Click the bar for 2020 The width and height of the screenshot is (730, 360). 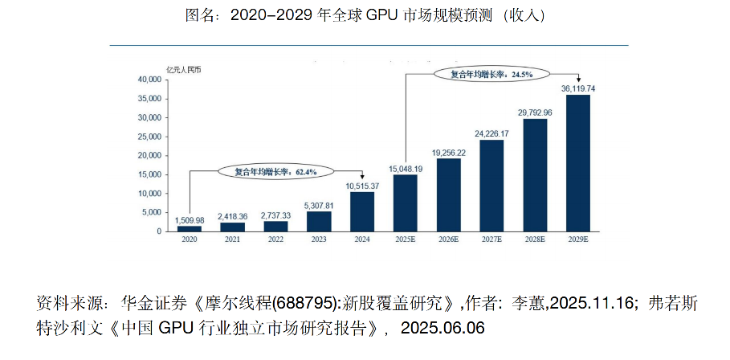point(190,228)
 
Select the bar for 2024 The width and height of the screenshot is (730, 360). point(362,211)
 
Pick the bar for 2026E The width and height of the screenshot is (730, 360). point(448,194)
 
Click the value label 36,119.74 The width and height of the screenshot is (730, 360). point(578,88)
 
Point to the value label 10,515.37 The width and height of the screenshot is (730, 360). point(363,186)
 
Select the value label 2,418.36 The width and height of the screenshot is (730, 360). point(233,216)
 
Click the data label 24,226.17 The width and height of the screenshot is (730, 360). point(491,133)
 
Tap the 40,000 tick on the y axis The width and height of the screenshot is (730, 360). point(149,80)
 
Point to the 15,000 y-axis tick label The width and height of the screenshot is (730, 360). point(149,174)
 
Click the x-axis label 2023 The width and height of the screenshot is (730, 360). point(319,239)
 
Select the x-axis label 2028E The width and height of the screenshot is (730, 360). point(535,239)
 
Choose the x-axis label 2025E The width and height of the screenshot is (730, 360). point(406,239)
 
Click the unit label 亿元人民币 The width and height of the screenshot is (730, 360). point(183,68)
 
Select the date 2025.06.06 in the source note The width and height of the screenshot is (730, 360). point(442,328)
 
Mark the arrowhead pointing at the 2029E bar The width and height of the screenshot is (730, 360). point(579,79)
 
